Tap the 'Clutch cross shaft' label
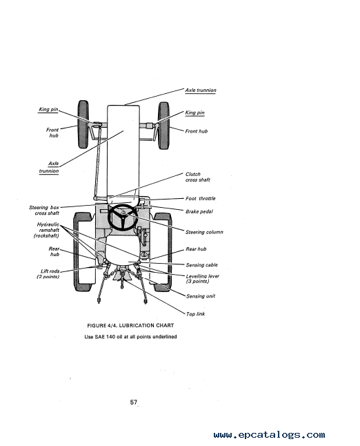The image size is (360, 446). [198, 177]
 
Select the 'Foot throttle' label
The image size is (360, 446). [200, 199]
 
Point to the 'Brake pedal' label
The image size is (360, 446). [199, 211]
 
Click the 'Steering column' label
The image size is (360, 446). [204, 232]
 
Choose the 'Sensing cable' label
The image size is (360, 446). [202, 265]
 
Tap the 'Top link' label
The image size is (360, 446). [195, 314]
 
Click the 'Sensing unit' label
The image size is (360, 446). [201, 296]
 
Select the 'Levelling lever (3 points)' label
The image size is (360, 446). [202, 279]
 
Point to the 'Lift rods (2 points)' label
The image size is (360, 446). [48, 274]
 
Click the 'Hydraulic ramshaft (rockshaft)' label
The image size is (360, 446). [47, 230]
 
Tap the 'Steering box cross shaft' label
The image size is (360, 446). [44, 210]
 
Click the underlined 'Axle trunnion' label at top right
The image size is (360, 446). [201, 90]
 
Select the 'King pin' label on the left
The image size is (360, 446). [48, 110]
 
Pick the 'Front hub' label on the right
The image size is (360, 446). [197, 131]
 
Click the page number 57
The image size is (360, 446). [134, 403]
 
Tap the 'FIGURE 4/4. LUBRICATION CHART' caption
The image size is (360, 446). [130, 325]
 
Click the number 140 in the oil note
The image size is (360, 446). [111, 337]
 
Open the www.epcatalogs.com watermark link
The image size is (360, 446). [269, 435]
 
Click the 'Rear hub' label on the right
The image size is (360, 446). [196, 249]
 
